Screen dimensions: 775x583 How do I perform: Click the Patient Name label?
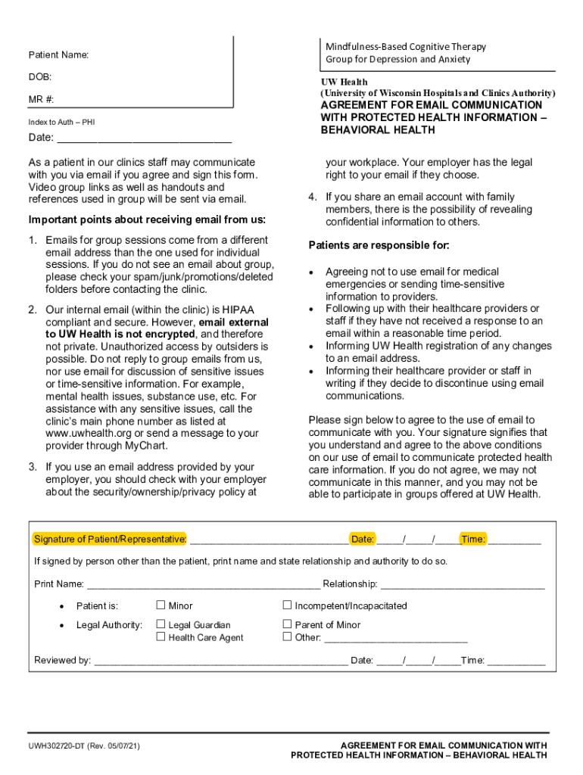point(59,55)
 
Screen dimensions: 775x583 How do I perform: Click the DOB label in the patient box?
point(40,77)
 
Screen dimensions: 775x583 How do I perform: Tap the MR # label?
point(42,99)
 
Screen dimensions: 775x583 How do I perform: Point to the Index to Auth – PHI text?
point(62,122)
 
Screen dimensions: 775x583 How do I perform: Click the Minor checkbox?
point(161,605)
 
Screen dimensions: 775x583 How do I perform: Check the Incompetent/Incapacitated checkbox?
point(288,605)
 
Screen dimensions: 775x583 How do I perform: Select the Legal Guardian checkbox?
point(161,624)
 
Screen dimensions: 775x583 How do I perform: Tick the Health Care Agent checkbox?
point(161,636)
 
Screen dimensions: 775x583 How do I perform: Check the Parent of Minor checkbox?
point(288,624)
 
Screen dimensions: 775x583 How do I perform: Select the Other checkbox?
point(288,636)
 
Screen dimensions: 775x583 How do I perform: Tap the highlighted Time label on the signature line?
point(473,539)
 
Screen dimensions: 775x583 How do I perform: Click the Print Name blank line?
point(203,584)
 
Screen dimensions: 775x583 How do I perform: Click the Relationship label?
point(350,584)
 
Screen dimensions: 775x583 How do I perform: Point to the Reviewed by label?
point(63,660)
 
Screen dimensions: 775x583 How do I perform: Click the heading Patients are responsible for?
point(379,245)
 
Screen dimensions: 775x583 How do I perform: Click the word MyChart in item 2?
point(146,446)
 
